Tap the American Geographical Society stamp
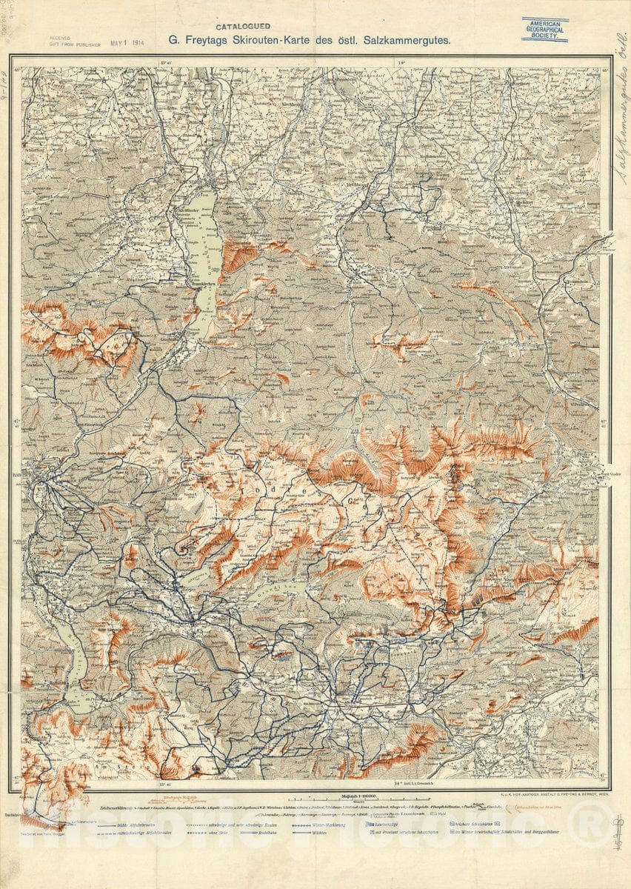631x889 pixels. (x=544, y=30)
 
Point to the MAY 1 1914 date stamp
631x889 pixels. (x=128, y=43)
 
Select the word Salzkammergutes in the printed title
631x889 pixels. (x=407, y=41)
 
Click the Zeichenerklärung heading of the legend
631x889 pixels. (x=104, y=805)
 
